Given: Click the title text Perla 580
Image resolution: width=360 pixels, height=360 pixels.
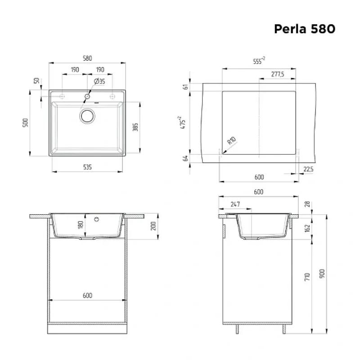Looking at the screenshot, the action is coord(305,29).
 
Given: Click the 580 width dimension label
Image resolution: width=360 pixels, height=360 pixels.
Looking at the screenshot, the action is coord(87,58).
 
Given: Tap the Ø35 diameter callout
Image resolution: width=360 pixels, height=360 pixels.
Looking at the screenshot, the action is coord(99,81).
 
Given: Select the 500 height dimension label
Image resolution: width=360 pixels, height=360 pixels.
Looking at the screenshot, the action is coord(26,122).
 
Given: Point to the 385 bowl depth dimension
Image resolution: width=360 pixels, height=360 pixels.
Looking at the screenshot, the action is coord(135,127).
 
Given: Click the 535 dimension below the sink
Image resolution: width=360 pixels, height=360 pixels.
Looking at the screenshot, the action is coord(87,167).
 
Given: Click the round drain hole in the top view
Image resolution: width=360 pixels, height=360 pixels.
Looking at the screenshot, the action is coord(87,116).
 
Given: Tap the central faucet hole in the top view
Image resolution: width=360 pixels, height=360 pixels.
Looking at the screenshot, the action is coord(87,96).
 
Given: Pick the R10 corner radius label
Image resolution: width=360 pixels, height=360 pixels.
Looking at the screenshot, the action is coord(232,140).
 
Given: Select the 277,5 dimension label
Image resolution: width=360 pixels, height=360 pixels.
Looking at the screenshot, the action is coord(278,74).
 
